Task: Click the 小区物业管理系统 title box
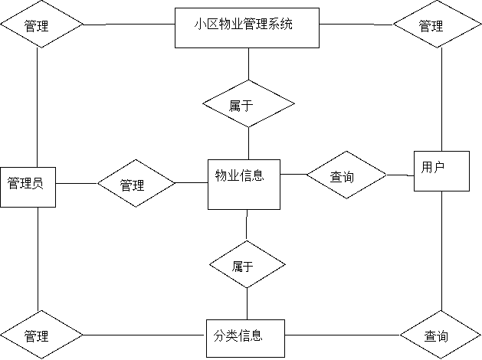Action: (246, 28)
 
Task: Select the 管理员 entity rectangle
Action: (28, 185)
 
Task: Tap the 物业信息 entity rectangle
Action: (244, 184)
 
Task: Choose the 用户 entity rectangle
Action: (441, 170)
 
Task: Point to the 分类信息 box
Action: (245, 335)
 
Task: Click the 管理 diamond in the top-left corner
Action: (41, 25)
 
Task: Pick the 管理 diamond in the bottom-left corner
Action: (41, 335)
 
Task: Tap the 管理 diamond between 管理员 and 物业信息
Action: (136, 185)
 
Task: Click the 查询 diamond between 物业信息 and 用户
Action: (346, 177)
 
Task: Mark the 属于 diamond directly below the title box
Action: (248, 106)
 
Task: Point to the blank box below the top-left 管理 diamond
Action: (55, 103)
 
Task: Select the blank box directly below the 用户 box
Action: (423, 247)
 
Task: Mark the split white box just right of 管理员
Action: (83, 175)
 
